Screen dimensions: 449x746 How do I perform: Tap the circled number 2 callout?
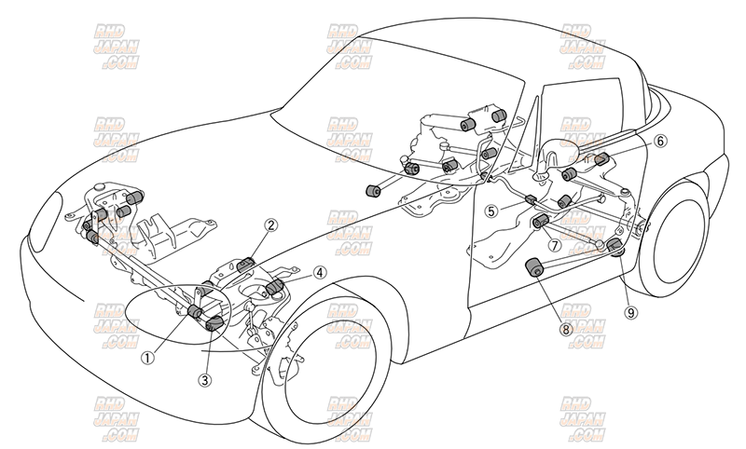[x=271, y=224]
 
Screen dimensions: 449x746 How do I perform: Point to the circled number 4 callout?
[x=320, y=273]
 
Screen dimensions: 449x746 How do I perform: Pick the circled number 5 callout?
[x=491, y=211]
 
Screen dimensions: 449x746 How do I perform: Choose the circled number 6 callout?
[x=660, y=142]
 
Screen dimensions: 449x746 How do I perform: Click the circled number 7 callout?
[x=554, y=247]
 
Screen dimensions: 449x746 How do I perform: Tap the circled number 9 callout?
[x=631, y=312]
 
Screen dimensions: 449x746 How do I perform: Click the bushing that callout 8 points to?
[x=535, y=266]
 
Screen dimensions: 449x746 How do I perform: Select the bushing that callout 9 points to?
[x=615, y=246]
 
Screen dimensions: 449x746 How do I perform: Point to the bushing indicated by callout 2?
[x=246, y=265]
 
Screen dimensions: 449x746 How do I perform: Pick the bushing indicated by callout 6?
[x=601, y=157]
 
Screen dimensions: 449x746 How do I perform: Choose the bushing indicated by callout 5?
[x=530, y=199]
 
